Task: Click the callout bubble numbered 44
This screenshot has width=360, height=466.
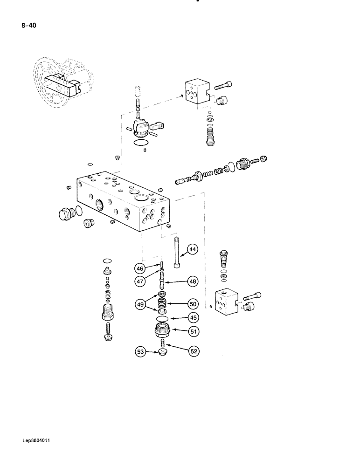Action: point(193,250)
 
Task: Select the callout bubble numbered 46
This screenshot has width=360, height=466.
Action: point(139,268)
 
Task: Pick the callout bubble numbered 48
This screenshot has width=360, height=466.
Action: point(193,281)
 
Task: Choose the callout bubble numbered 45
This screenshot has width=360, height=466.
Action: point(193,318)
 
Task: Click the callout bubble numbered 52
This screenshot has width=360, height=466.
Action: point(193,352)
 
